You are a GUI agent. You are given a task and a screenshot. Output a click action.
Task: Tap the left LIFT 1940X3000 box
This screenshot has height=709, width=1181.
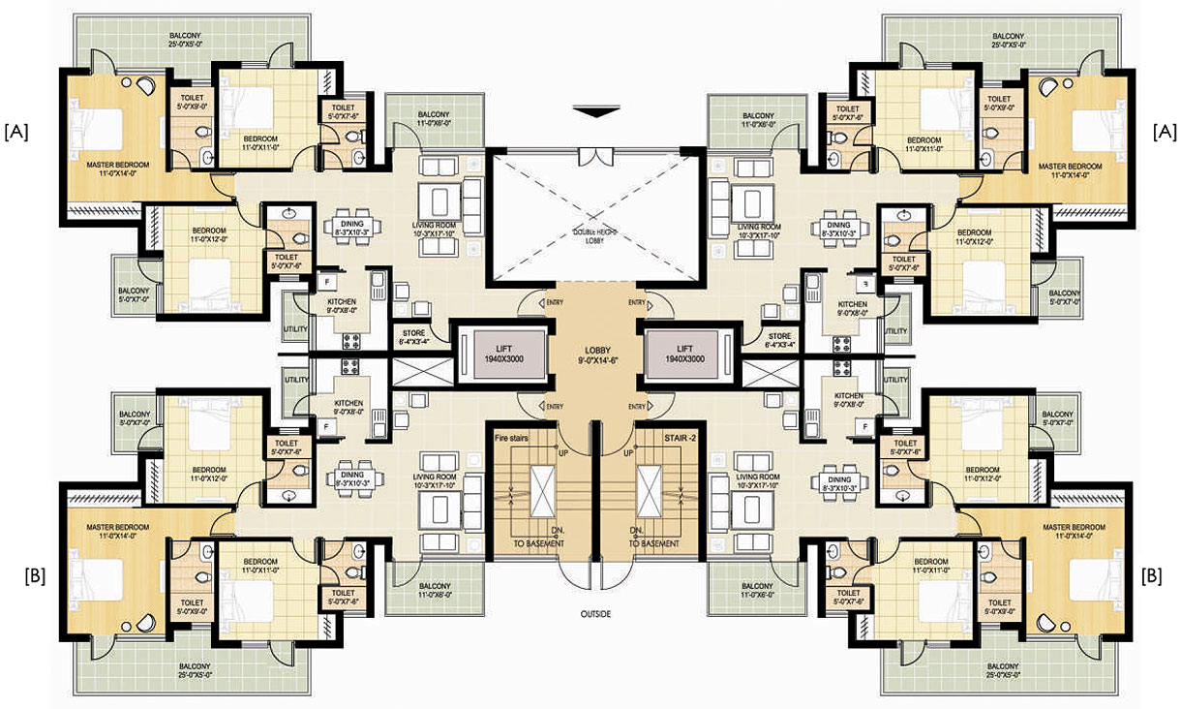coord(492,353)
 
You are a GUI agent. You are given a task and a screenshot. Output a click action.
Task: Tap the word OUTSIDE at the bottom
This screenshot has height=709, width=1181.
coord(595,613)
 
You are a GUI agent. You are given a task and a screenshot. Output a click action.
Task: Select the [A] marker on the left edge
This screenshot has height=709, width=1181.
coord(18,132)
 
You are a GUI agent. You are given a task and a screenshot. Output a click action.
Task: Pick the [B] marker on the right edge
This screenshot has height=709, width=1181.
coord(1152,575)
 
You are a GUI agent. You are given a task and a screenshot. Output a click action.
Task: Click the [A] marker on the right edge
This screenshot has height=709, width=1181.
coord(1165,132)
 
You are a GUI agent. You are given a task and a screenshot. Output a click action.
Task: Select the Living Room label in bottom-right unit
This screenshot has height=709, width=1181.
coord(756,481)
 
